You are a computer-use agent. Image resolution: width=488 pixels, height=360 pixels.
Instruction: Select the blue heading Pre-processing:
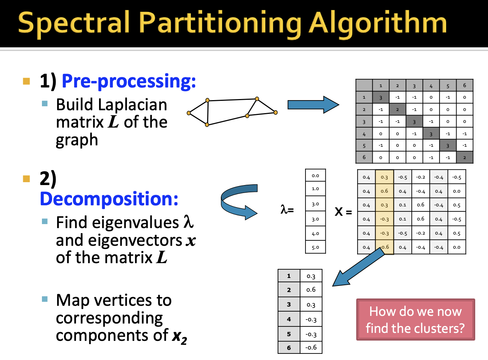(x=129, y=81)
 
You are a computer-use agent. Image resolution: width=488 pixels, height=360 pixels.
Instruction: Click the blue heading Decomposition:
(x=109, y=198)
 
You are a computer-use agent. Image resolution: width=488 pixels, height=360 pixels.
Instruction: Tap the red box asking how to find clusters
(x=415, y=320)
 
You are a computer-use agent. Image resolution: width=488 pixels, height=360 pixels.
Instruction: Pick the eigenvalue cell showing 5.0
(x=315, y=247)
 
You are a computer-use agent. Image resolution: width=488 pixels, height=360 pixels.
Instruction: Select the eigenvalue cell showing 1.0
(x=315, y=188)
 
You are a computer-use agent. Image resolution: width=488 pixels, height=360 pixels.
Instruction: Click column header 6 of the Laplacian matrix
(x=465, y=86)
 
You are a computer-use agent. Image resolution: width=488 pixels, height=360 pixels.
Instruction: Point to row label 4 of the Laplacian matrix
(x=364, y=134)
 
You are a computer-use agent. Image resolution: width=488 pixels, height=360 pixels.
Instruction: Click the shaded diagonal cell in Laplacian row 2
(x=397, y=109)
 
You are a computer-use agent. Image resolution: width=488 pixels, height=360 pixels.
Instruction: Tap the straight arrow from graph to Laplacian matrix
(x=313, y=105)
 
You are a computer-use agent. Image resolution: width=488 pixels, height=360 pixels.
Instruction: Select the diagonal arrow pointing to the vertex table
(x=358, y=267)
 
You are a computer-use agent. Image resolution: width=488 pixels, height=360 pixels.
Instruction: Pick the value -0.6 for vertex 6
(x=311, y=347)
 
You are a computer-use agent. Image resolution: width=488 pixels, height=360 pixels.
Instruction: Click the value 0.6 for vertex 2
(x=311, y=290)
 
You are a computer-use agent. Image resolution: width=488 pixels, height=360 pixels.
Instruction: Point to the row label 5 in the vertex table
(x=289, y=334)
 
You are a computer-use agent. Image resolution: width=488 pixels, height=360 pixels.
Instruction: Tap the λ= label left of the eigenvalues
(x=287, y=210)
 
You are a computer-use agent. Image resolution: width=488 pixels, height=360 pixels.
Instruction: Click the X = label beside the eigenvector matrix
(x=343, y=211)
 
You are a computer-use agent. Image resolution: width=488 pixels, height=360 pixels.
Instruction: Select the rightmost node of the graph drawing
(x=275, y=112)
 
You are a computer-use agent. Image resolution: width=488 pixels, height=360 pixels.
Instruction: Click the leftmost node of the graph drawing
(x=189, y=113)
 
